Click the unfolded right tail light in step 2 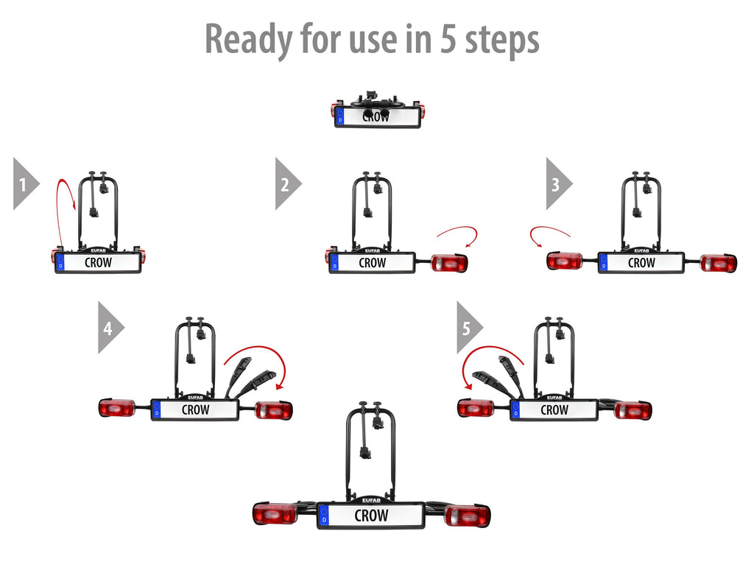pos(449,263)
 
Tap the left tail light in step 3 pos(565,261)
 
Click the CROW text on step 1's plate pos(98,263)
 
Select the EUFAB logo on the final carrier pos(371,500)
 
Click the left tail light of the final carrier pos(275,514)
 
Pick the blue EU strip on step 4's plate pos(156,410)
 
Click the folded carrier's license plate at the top pos(378,117)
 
